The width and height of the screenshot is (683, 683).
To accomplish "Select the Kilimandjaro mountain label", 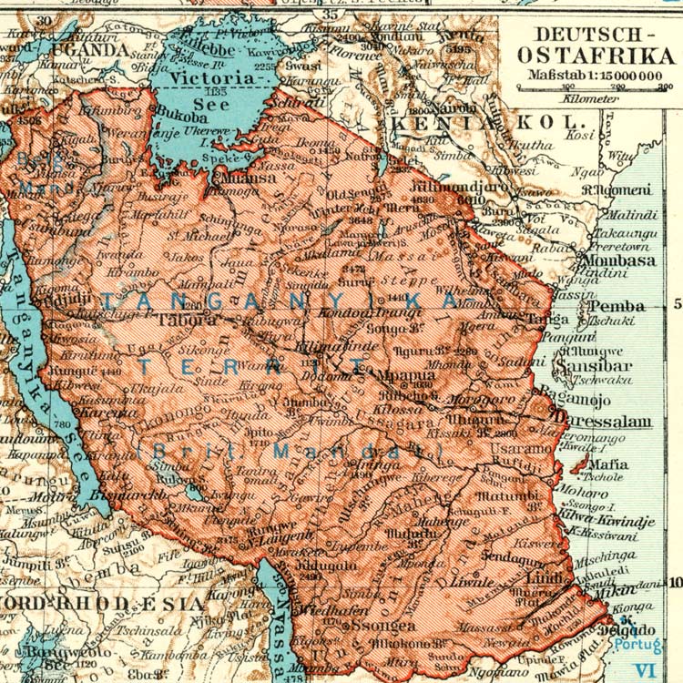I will pyautogui.click(x=433, y=185).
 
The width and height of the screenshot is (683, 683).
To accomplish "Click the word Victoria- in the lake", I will pyautogui.click(x=216, y=78).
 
